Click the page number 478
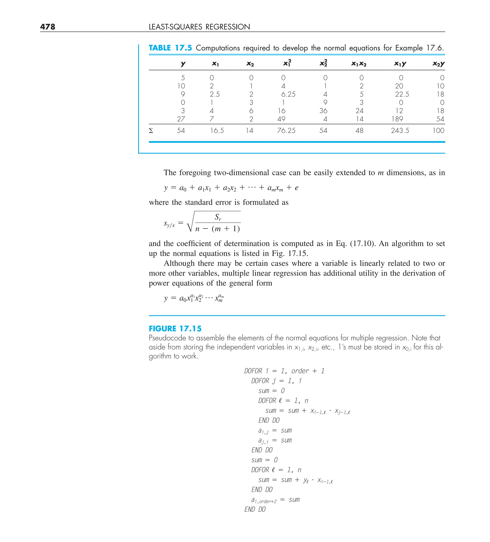[x=48, y=27]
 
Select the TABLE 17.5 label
[x=170, y=48]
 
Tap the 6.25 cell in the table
[x=288, y=94]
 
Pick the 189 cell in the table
[x=397, y=119]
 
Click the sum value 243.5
[x=400, y=131]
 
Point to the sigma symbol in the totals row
[x=151, y=131]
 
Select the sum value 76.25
[x=286, y=131]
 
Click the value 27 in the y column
[x=181, y=119]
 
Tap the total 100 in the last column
[x=438, y=131]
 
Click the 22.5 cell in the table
[x=402, y=94]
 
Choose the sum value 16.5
[x=217, y=131]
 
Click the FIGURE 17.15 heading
[x=175, y=329]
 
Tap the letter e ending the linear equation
[x=296, y=188]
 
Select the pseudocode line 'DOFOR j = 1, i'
[x=276, y=381]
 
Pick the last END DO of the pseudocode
[x=255, y=509]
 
